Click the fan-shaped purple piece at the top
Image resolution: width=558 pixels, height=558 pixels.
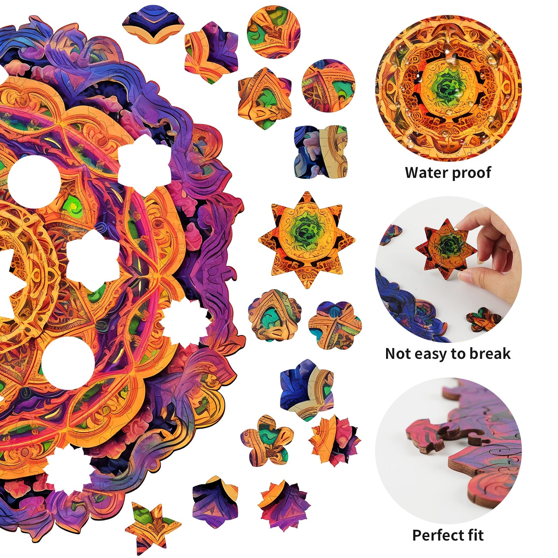coord(153,25)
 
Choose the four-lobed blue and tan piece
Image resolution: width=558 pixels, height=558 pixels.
coord(320,152)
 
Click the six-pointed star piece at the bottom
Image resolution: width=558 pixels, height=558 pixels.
coord(152,526)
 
